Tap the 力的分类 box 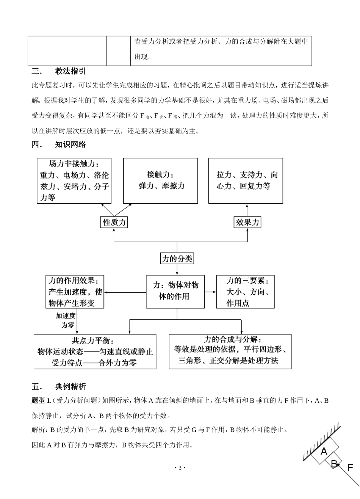coord(177,259)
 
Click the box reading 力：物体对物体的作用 coord(177,291)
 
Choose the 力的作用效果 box coord(75,292)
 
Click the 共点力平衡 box coord(95,351)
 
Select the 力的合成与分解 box coord(230,351)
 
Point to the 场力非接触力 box coord(74,181)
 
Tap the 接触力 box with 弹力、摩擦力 coord(161,181)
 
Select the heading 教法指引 coord(70,71)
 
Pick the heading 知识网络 coord(70,144)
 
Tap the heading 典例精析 coord(70,387)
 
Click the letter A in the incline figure coord(324,451)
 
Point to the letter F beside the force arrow coord(351,467)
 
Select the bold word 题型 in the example coord(39,400)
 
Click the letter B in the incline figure coord(334,463)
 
